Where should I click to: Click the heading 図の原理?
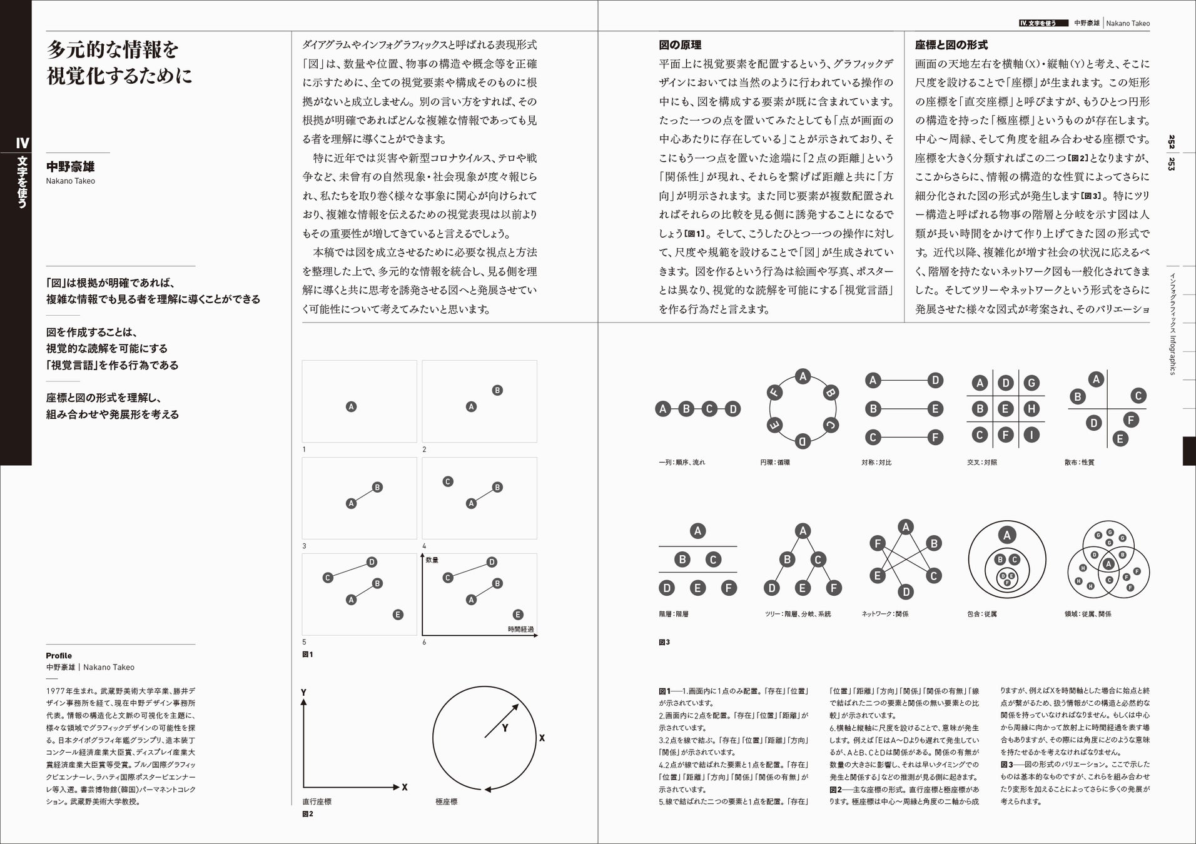(x=679, y=45)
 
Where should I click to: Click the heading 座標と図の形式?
(x=951, y=45)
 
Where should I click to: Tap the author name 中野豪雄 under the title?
(x=70, y=167)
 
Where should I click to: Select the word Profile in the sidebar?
(x=59, y=656)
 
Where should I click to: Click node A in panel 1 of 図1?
(x=351, y=406)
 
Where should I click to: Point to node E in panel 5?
(x=398, y=615)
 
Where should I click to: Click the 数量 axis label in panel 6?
(x=432, y=560)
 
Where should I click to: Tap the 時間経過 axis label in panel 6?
(x=520, y=630)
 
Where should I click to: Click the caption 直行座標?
(x=317, y=801)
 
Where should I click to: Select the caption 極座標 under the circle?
(x=447, y=801)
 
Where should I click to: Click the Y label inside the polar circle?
(x=505, y=728)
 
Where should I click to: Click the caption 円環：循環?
(x=775, y=463)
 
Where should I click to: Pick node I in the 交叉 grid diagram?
(x=1031, y=435)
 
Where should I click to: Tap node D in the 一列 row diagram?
(x=732, y=409)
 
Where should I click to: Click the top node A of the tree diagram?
(x=803, y=531)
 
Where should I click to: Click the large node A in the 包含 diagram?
(x=1006, y=535)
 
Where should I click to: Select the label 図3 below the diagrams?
(x=664, y=642)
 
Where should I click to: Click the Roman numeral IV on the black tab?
(x=23, y=143)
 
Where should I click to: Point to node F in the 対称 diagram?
(x=935, y=438)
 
